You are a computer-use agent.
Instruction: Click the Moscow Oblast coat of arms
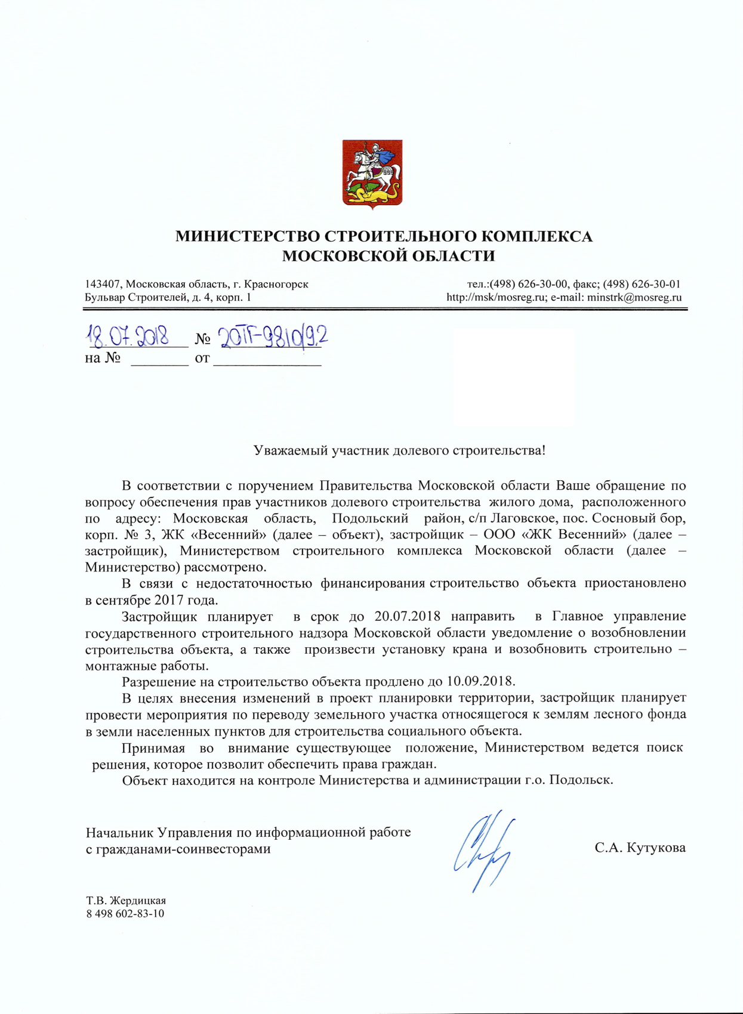tap(372, 174)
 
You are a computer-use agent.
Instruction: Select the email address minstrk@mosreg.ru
tap(634, 297)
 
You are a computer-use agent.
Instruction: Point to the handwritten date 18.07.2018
tap(128, 338)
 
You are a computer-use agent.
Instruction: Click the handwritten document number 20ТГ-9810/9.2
tap(273, 338)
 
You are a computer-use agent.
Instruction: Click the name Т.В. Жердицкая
tap(125, 901)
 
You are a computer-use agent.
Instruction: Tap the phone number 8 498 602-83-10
tap(125, 914)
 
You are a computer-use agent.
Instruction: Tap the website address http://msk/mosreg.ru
tap(496, 297)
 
